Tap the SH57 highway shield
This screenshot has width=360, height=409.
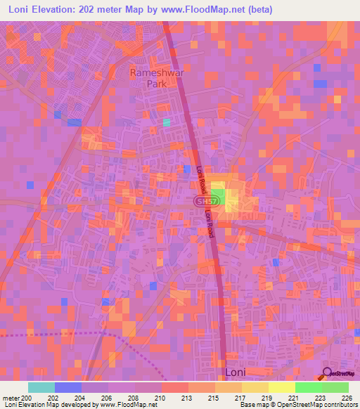point(202,202)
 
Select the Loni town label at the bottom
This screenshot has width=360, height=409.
point(235,372)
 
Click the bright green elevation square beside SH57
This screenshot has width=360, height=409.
point(217,198)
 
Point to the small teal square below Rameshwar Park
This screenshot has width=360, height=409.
point(167,122)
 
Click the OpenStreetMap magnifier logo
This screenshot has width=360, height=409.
point(327,373)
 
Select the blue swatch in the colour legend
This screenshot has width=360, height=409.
point(67,387)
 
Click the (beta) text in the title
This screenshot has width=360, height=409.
point(257,10)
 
